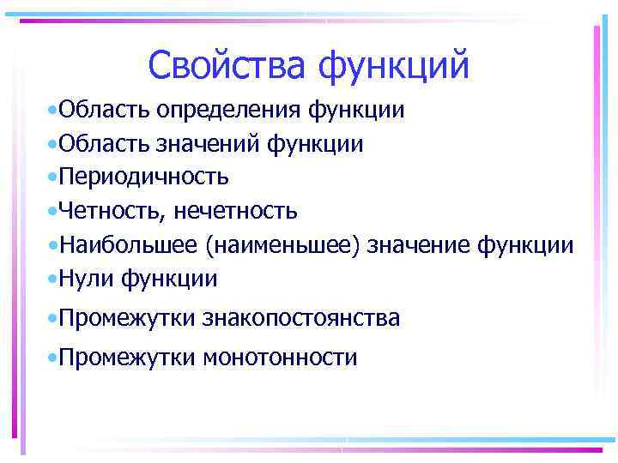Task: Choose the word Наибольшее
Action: pyautogui.click(x=129, y=245)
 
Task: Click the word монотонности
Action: pyautogui.click(x=279, y=358)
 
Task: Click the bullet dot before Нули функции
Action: pyautogui.click(x=53, y=279)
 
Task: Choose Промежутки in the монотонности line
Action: pyautogui.click(x=129, y=358)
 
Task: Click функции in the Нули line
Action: pyautogui.click(x=169, y=279)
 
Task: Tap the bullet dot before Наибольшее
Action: pyautogui.click(x=53, y=245)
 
